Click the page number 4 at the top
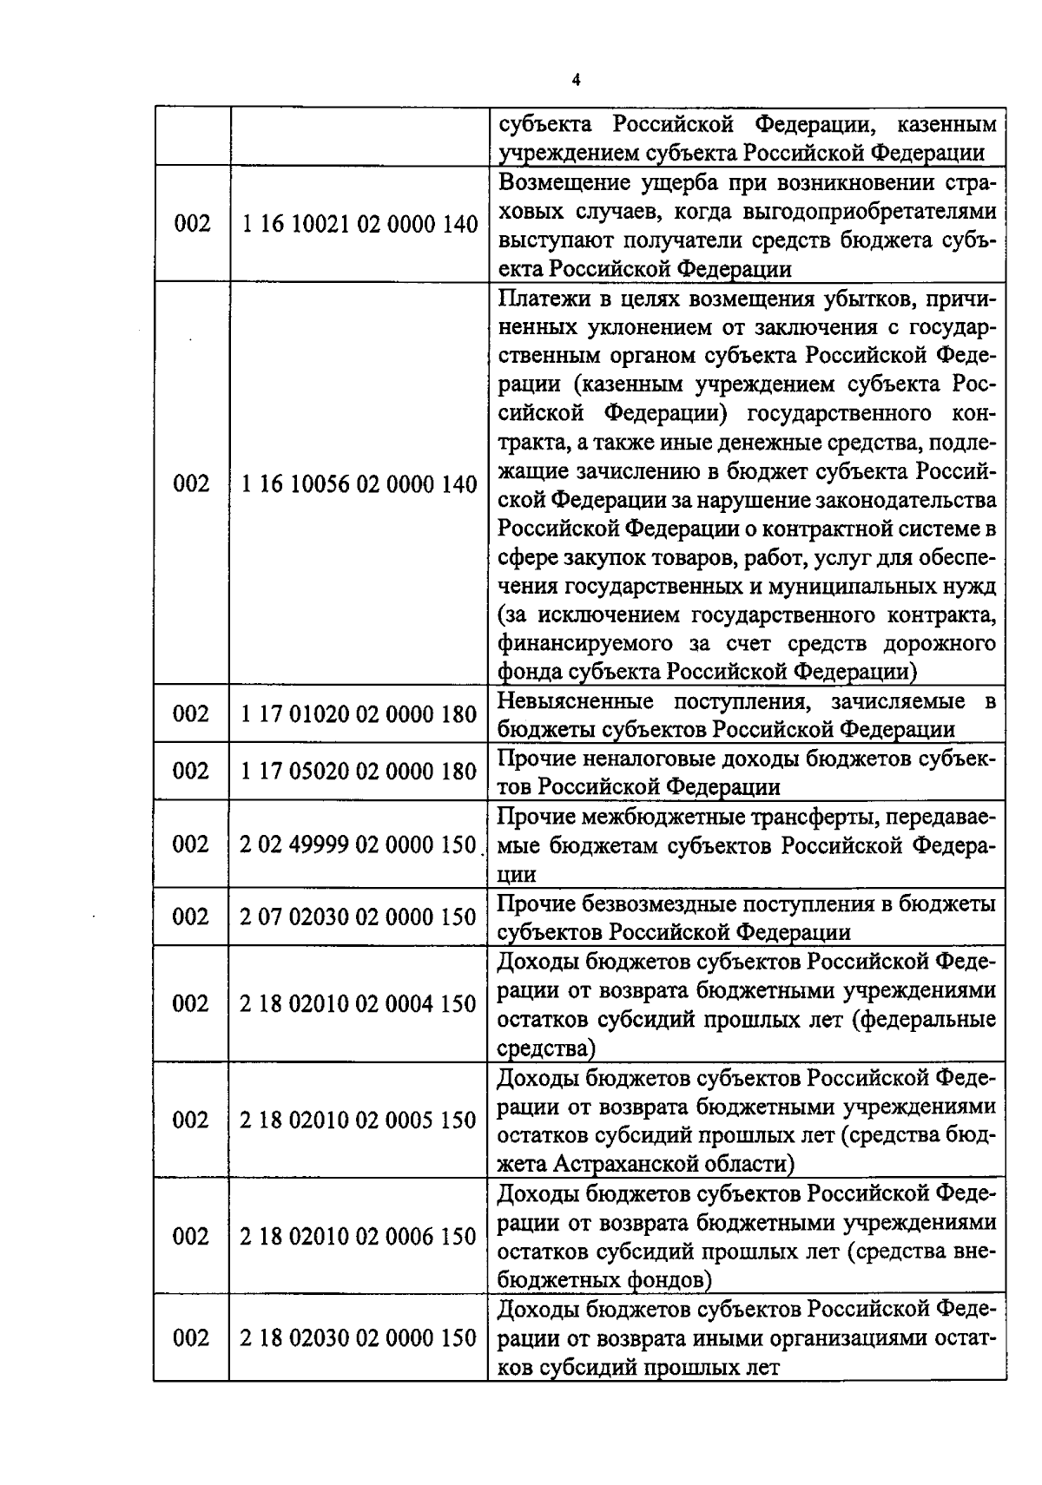(x=576, y=80)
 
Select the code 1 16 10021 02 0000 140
(x=359, y=224)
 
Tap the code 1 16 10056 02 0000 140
(x=359, y=483)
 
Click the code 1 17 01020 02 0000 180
(x=359, y=713)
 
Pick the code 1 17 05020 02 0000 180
(x=359, y=771)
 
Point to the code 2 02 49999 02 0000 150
(x=359, y=844)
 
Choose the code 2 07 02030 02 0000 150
(x=359, y=917)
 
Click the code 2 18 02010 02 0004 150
(x=359, y=1003)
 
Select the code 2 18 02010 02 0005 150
(x=359, y=1120)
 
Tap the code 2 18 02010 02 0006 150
(x=359, y=1236)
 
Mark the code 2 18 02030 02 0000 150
(x=359, y=1337)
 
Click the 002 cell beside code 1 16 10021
(x=192, y=224)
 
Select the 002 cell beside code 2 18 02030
(x=192, y=1337)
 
